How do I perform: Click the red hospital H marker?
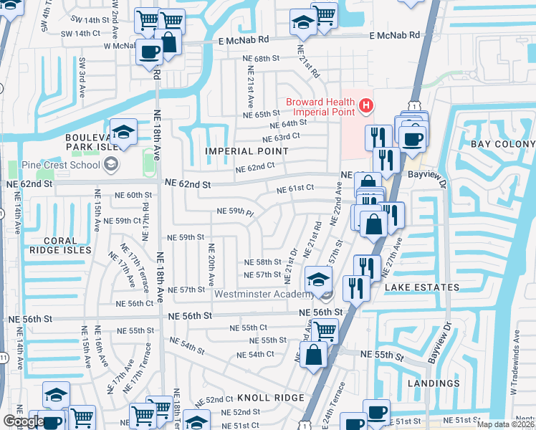point(366,107)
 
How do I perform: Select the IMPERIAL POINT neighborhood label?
point(247,151)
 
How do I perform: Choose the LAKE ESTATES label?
point(422,287)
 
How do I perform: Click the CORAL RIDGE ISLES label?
point(60,244)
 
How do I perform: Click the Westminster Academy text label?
point(264,292)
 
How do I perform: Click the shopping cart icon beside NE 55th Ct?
point(325,330)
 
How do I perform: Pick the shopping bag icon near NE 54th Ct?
point(314,353)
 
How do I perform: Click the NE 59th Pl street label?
point(236,212)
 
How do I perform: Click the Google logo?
point(23,421)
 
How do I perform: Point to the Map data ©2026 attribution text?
point(505,424)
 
